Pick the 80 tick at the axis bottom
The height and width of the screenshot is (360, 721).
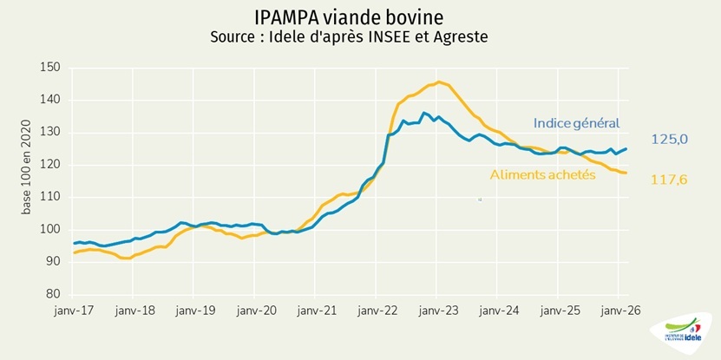click(53, 294)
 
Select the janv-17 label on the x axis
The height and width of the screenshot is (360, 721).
click(75, 310)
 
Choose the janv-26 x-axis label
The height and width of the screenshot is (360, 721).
click(619, 310)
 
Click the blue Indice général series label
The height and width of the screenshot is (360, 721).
click(576, 123)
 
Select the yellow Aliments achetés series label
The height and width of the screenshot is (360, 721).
click(542, 174)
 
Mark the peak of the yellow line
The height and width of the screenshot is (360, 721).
click(438, 82)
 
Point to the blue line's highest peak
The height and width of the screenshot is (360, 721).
click(423, 113)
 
